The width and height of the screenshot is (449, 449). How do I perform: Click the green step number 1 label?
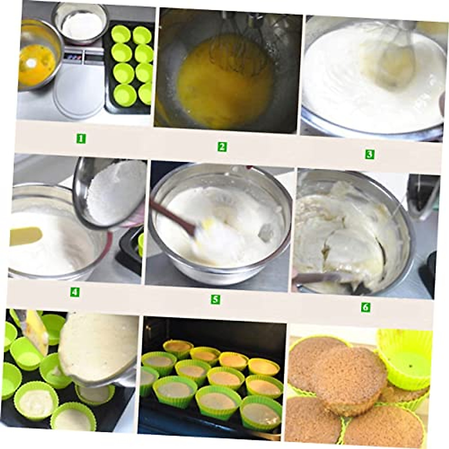pyautogui.click(x=81, y=139)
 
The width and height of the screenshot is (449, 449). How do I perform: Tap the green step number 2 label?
pyautogui.click(x=222, y=147)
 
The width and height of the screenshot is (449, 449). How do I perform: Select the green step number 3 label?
pyautogui.click(x=369, y=154)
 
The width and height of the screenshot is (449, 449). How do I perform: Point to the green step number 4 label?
pyautogui.click(x=75, y=292)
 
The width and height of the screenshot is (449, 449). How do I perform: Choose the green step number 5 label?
pyautogui.click(x=215, y=299)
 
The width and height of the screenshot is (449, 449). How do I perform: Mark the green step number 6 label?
pyautogui.click(x=365, y=307)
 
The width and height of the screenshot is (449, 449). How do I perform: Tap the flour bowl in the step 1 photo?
pyautogui.click(x=80, y=25)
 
